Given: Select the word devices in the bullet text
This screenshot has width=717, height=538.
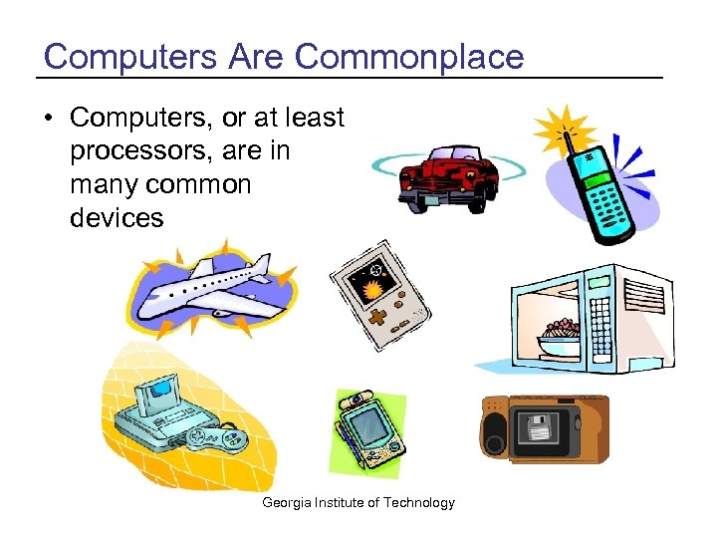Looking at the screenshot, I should tap(117, 217).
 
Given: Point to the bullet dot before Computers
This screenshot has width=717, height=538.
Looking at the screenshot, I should tap(50, 119).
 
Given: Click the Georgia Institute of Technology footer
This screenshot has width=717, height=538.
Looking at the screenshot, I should tap(358, 502).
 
